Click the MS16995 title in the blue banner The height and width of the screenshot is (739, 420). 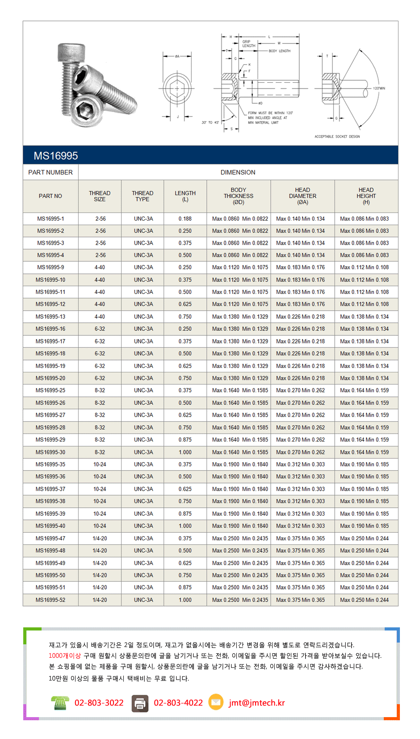(x=56, y=156)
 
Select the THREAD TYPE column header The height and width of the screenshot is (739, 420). (x=143, y=196)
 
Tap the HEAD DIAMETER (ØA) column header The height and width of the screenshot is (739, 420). (x=302, y=196)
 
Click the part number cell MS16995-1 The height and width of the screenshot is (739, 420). (x=50, y=219)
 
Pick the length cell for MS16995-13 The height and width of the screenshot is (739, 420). (x=185, y=317)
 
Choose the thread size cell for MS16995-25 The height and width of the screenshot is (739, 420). (x=100, y=390)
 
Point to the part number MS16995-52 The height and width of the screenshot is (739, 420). (x=50, y=600)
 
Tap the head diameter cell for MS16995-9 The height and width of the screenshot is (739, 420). (x=300, y=267)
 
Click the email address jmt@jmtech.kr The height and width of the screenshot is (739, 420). (x=256, y=703)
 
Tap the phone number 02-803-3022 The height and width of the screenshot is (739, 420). (x=99, y=703)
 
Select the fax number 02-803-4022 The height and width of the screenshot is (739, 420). (x=178, y=703)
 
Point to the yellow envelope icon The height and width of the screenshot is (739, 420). (x=216, y=702)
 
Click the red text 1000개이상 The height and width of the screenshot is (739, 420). (x=65, y=656)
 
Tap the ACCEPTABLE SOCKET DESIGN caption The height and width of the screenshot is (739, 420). (x=337, y=137)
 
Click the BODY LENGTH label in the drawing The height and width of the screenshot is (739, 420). (x=279, y=51)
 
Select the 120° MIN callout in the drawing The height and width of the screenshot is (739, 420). (x=379, y=88)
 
